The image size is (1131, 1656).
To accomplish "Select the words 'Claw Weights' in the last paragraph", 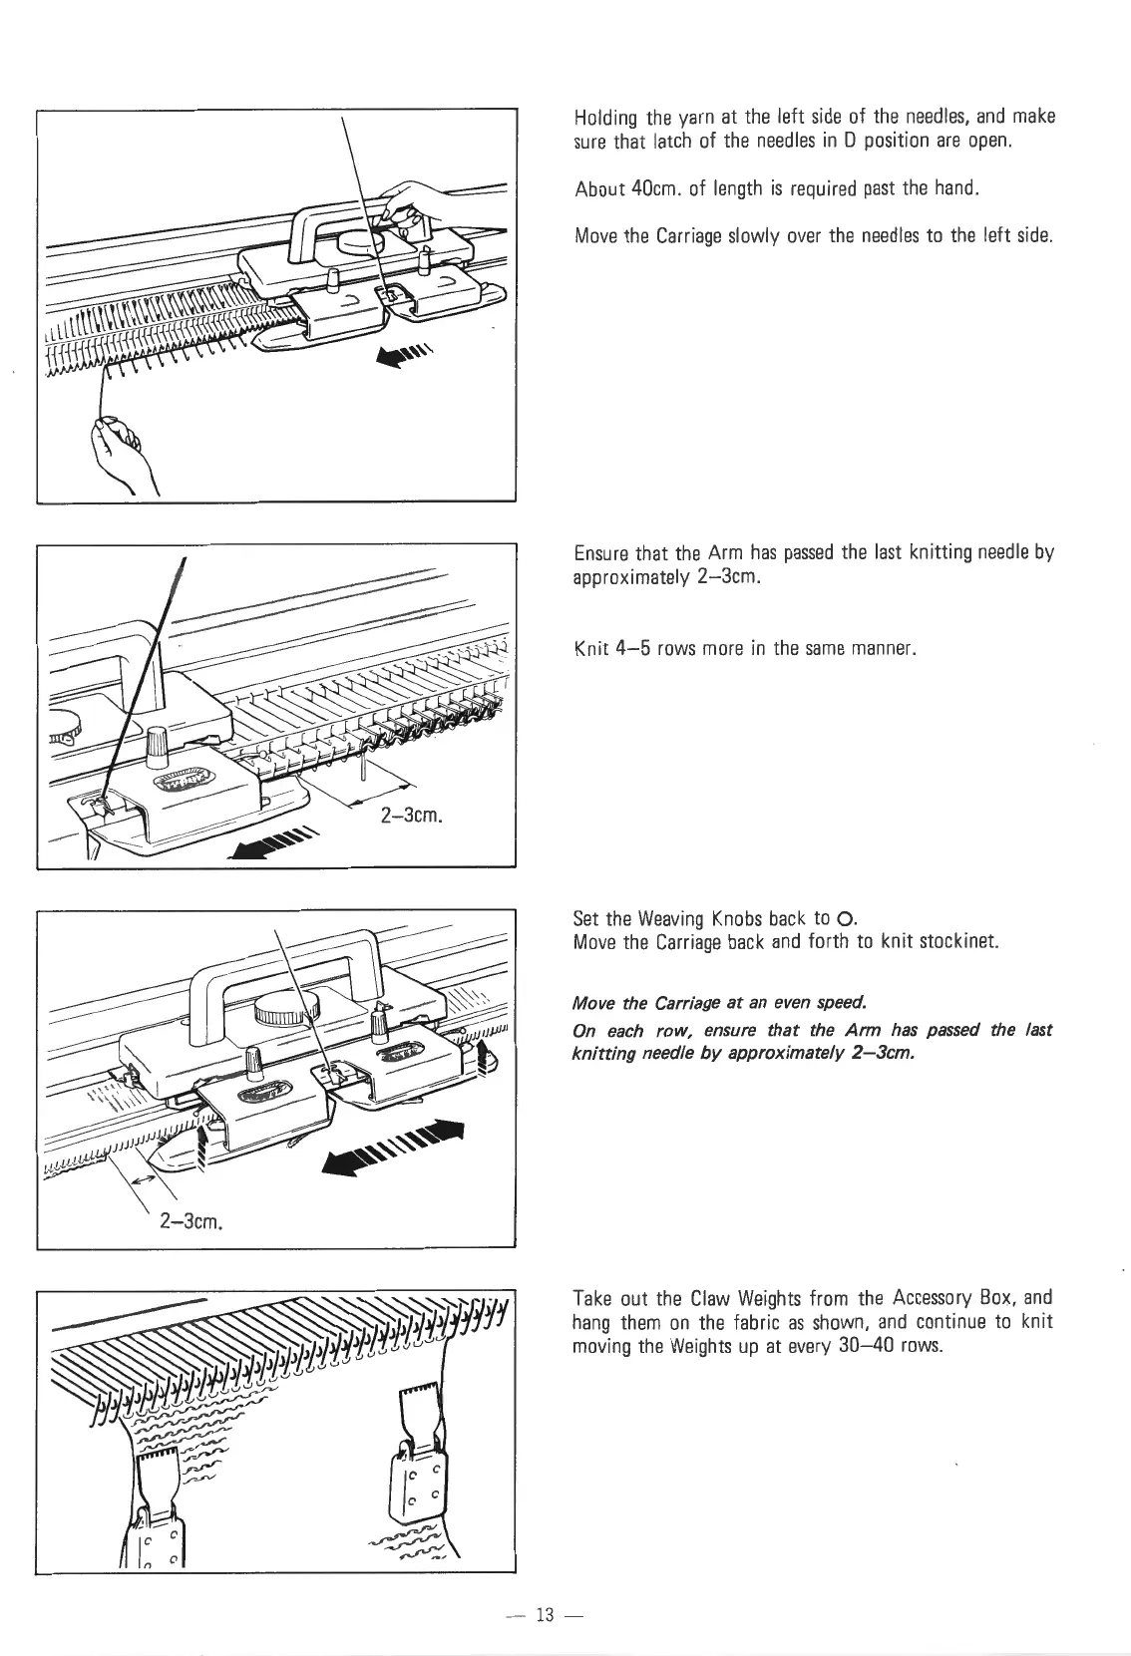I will pos(737,1299).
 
